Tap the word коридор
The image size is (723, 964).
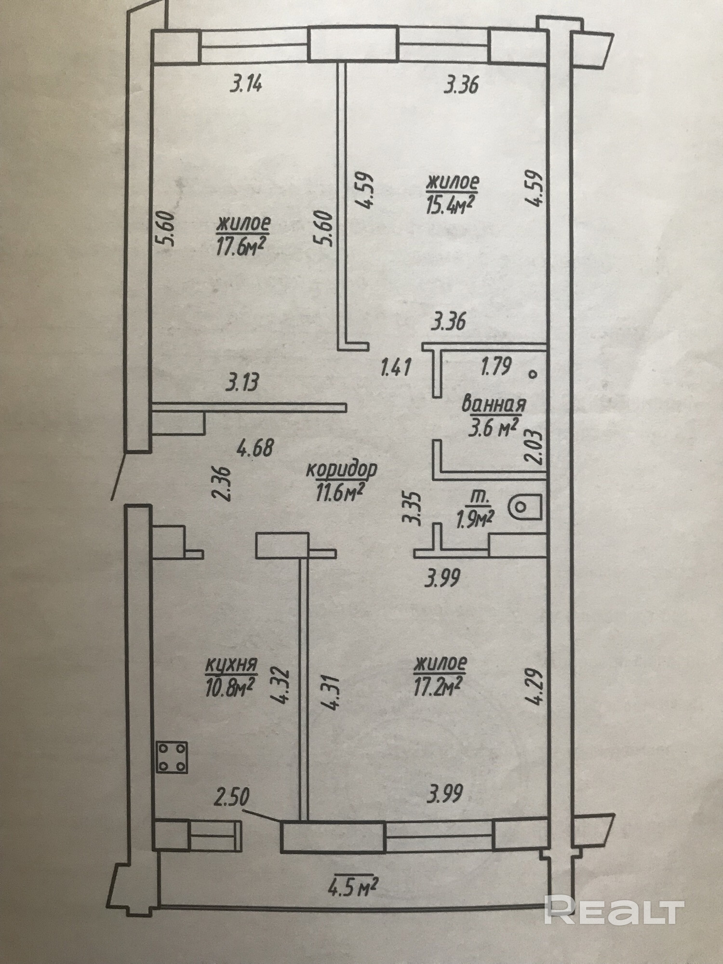tap(341, 469)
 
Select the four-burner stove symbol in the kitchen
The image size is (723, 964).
tap(172, 757)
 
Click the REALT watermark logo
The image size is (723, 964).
tap(614, 910)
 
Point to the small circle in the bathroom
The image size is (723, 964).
tap(533, 374)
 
